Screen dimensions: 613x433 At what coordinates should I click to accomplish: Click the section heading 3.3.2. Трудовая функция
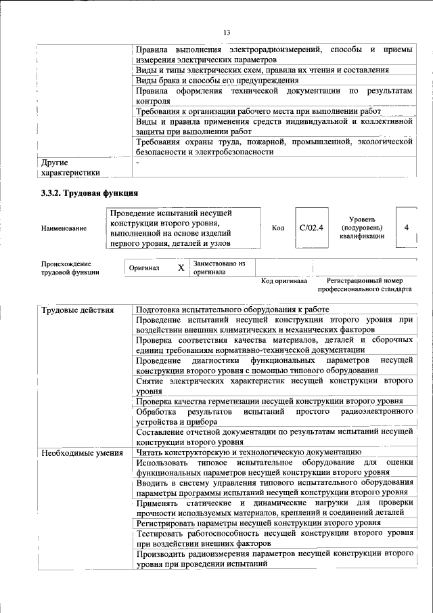click(x=90, y=194)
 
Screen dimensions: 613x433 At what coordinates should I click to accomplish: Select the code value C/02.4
click(x=311, y=228)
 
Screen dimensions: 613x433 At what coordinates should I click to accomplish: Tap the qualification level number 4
click(x=406, y=228)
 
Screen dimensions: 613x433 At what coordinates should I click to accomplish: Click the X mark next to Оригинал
click(x=181, y=268)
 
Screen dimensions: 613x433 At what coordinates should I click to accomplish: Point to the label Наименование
click(x=64, y=228)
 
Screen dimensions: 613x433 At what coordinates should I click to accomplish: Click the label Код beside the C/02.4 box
click(x=277, y=228)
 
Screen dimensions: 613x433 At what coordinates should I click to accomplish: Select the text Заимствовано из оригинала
click(x=219, y=267)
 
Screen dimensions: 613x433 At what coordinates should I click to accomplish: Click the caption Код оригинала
click(x=284, y=280)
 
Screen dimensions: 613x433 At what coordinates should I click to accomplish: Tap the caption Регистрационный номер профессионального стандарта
click(x=369, y=284)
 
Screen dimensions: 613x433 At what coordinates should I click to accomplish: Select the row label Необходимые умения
click(x=81, y=452)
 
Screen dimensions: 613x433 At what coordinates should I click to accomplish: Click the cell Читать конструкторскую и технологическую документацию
click(x=248, y=452)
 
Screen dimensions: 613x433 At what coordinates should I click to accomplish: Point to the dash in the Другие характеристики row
click(x=138, y=163)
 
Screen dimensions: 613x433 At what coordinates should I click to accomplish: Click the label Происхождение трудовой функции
click(x=70, y=268)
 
